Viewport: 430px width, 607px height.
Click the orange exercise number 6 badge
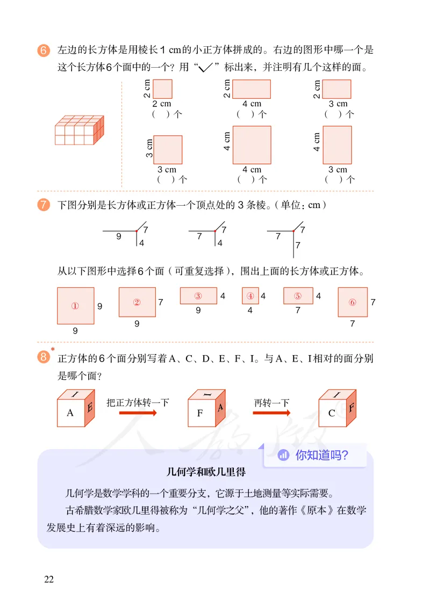44,50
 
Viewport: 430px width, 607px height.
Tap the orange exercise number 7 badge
44,205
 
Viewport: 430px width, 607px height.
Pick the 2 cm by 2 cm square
162,89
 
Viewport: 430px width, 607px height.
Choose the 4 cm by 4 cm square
252,145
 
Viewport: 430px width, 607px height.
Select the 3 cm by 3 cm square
168,149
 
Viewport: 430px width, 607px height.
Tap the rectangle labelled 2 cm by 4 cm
251,89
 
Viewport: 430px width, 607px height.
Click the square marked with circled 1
75,306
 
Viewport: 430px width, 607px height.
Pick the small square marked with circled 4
250,296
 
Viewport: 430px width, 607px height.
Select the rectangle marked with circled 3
198,296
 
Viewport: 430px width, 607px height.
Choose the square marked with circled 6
353,302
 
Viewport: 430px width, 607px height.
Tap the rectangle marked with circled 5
298,296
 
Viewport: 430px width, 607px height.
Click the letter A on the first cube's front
70,413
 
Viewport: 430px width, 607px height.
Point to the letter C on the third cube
332,413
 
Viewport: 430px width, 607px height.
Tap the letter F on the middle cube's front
201,413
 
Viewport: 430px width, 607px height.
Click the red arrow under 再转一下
271,413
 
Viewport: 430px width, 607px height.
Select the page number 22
49,579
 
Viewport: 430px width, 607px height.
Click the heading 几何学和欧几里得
206,473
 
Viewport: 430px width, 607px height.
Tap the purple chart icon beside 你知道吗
283,456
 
